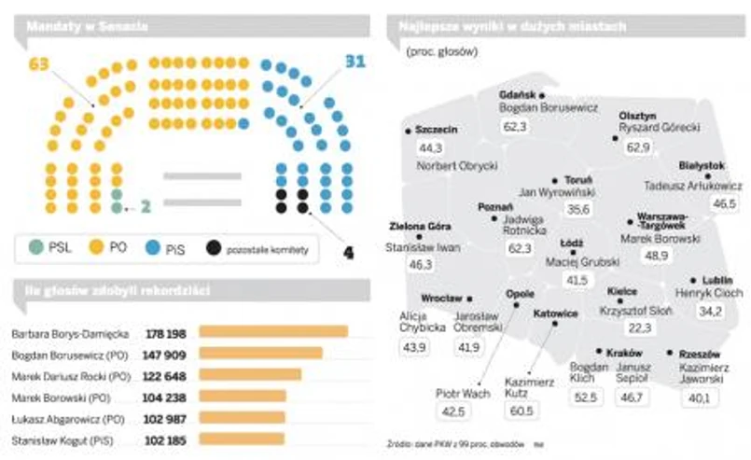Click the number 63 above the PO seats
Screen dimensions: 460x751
[x=37, y=64]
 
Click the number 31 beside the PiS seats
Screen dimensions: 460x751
[x=354, y=62]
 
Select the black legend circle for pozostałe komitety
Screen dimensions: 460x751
[x=215, y=247]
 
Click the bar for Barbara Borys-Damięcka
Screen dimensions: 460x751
[x=272, y=331]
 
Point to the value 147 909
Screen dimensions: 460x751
[x=166, y=355]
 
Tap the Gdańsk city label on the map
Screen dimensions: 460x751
[x=516, y=95]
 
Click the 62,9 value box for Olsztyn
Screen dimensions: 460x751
[x=638, y=147]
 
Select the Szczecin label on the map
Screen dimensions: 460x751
[x=436, y=130]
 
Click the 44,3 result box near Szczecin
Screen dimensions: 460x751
[x=431, y=147]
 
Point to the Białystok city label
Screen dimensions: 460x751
[x=702, y=165]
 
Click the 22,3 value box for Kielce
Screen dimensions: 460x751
[x=639, y=328]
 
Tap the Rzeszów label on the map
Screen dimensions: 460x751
[x=700, y=354]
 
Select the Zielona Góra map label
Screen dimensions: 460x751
[x=420, y=227]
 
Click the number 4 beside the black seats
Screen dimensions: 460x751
[x=349, y=251]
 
